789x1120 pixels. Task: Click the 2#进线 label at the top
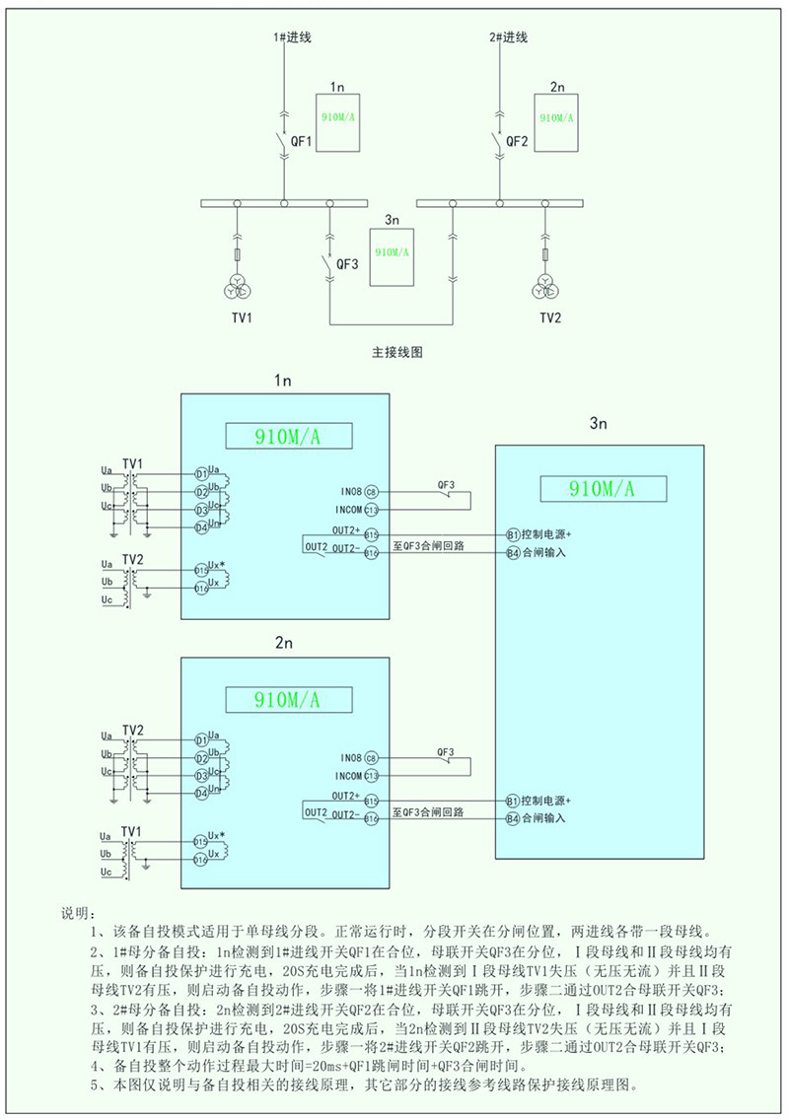point(508,37)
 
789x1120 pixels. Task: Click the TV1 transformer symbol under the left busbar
point(238,287)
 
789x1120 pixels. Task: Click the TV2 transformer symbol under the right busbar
point(545,287)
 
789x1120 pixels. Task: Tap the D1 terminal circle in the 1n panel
point(201,474)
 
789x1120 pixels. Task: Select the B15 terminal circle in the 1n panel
point(371,533)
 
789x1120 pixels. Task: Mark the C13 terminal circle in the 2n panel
point(371,776)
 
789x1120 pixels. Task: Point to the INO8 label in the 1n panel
point(346,491)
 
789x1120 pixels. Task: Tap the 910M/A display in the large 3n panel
point(601,488)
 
